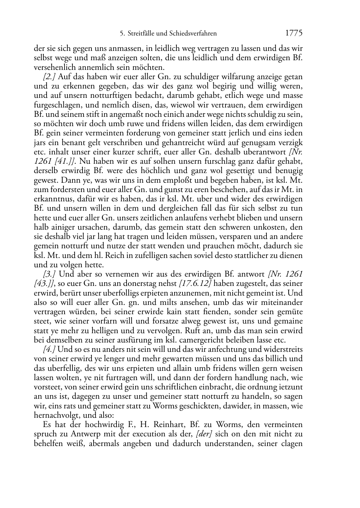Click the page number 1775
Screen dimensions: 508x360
pyautogui.click(x=294, y=33)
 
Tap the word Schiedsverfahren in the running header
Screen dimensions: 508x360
pyautogui.click(x=195, y=34)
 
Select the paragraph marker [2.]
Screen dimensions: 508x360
pyautogui.click(x=49, y=77)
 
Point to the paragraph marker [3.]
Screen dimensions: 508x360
pyautogui.click(x=49, y=274)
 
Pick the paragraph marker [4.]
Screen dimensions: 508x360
pyautogui.click(x=49, y=349)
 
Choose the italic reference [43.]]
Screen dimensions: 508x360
pyautogui.click(x=44, y=283)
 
